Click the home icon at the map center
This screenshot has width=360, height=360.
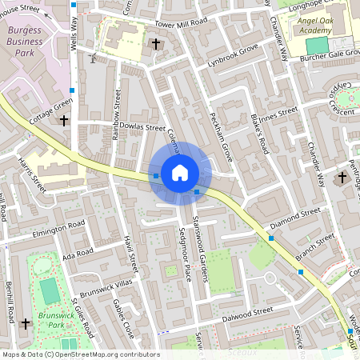(x=180, y=172)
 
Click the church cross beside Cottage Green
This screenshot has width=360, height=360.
(x=64, y=121)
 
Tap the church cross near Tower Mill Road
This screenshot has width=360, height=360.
(x=156, y=44)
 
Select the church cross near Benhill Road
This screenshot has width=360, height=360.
(x=26, y=324)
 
